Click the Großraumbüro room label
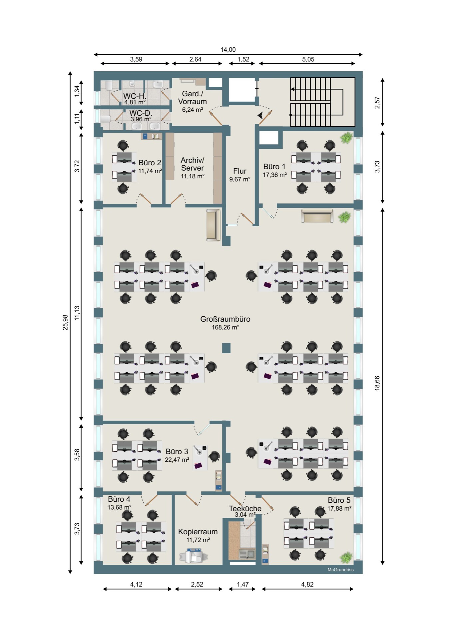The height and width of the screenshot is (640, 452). coord(225,319)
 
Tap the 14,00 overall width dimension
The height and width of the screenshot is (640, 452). coord(228,50)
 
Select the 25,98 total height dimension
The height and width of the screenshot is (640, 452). coord(65,322)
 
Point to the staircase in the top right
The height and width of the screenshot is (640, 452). coord(322,102)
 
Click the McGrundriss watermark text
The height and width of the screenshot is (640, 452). coord(340,570)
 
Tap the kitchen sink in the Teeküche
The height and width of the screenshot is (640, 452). coord(247,554)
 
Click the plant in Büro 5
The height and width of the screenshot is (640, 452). coord(346,557)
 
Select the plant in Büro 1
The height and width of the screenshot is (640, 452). coord(347,137)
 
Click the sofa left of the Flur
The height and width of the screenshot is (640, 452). coord(213,225)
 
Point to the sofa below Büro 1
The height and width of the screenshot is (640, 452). coord(317,216)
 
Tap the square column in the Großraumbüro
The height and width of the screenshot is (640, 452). coord(226,348)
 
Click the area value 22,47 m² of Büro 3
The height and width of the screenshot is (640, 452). coord(177,460)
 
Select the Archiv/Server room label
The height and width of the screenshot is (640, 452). coord(192,164)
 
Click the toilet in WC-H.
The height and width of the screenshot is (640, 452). coord(109,86)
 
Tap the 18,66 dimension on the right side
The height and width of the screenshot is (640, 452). coord(377,383)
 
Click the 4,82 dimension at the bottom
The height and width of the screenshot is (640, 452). coord(307,584)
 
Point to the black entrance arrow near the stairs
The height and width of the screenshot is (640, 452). coord(260,115)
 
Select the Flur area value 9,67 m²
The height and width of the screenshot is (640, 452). coord(239,179)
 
